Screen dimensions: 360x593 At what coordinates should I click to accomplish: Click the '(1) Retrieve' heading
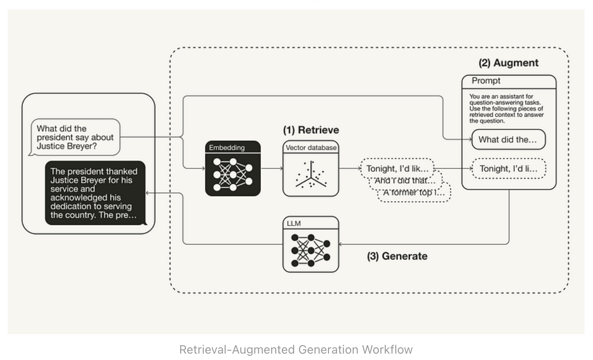[x=311, y=130]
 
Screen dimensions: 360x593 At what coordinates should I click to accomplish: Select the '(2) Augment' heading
[x=508, y=63]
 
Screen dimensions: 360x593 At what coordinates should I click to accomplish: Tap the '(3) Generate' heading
[x=397, y=256]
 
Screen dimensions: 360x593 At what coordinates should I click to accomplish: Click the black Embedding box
[x=232, y=168]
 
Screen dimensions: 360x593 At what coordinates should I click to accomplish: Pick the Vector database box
[x=310, y=168]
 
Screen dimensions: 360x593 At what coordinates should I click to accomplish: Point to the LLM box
[x=310, y=244]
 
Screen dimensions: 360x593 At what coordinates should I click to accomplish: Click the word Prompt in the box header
[x=486, y=81]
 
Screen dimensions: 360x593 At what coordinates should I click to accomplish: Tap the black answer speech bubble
[x=95, y=193]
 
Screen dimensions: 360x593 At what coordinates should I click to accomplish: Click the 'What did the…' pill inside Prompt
[x=508, y=140]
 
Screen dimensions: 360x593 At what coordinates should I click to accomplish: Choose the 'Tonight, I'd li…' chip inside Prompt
[x=508, y=169]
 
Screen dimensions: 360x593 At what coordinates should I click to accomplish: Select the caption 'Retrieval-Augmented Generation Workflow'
[x=296, y=349]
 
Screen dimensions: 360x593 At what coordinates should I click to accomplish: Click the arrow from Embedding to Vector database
[x=272, y=169]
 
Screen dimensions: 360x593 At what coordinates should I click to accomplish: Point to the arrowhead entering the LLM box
[x=341, y=244]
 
